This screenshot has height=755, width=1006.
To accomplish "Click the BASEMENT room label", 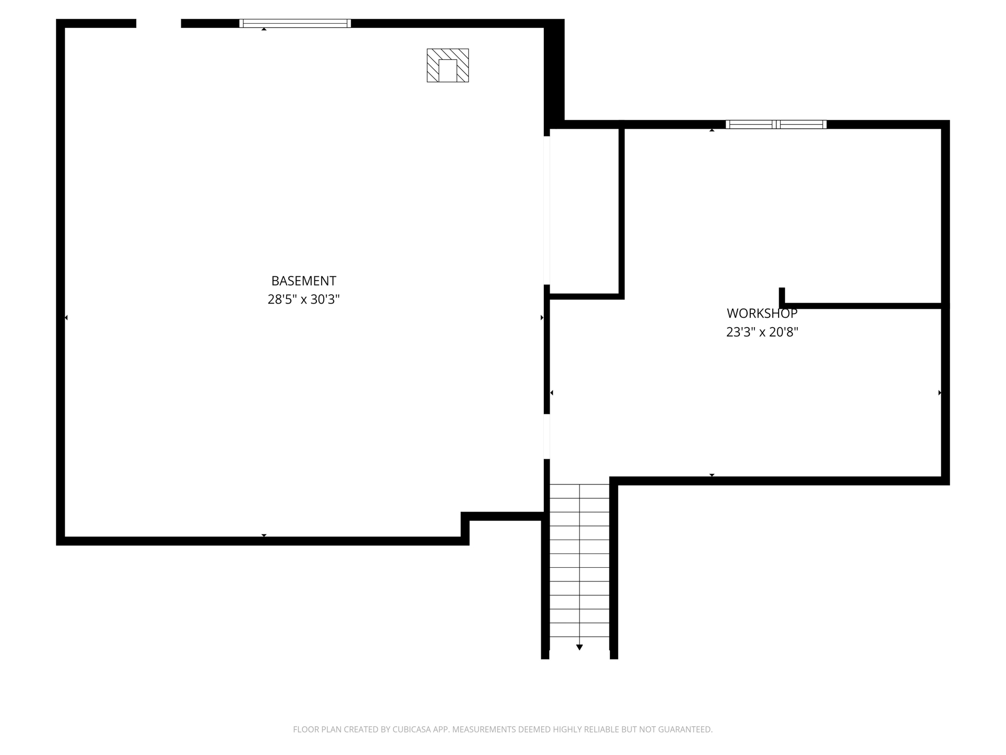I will [x=303, y=281].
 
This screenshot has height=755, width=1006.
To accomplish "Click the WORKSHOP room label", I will [x=762, y=314].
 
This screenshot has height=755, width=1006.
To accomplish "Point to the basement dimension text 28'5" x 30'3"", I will [x=303, y=299].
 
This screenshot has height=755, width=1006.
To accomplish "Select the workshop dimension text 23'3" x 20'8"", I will [x=762, y=332].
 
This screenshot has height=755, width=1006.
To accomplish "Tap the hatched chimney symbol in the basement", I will [x=447, y=66].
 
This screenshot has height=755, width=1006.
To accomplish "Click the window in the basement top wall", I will [x=295, y=23].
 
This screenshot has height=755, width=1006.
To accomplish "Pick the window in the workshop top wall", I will [x=776, y=124].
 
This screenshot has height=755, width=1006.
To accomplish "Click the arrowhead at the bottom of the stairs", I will [x=579, y=647].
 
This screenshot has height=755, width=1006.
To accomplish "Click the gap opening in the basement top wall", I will [x=159, y=23].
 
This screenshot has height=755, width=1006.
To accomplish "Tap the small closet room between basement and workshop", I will [x=584, y=212].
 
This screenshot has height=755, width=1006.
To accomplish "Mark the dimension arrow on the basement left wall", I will [x=66, y=318].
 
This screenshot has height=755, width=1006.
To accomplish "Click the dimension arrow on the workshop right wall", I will [x=940, y=393].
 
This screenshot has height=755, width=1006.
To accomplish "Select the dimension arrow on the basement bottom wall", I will [x=264, y=535].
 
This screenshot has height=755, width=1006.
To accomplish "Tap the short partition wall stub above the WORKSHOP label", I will [x=782, y=296].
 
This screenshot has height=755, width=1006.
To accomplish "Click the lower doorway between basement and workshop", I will [x=546, y=436].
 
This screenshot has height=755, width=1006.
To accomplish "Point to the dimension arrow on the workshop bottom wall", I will [x=712, y=475].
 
